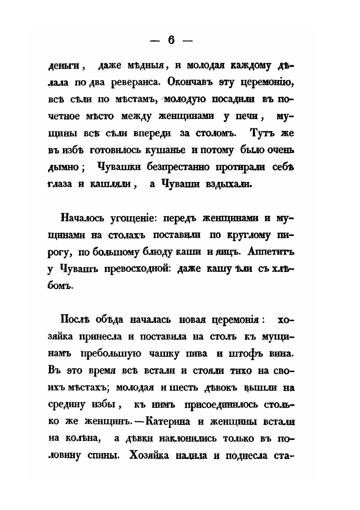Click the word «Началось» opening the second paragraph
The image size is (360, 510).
coord(83,218)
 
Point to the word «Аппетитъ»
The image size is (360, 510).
coord(273,252)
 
